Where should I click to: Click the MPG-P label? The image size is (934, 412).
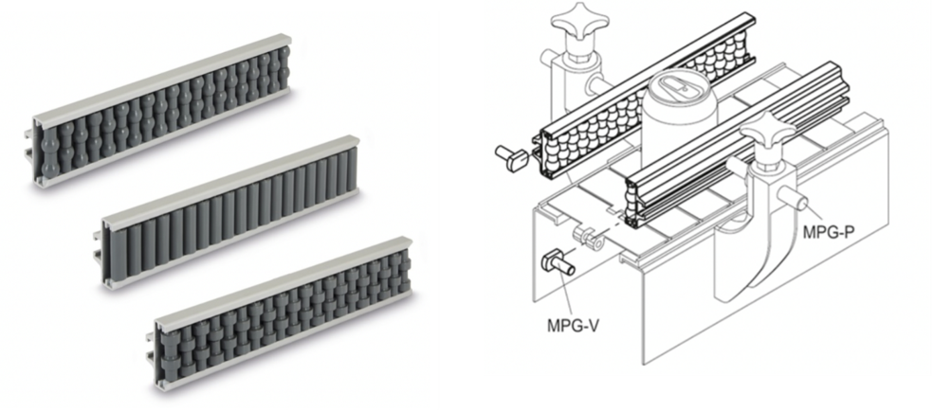829,232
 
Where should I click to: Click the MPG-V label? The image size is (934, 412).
573,326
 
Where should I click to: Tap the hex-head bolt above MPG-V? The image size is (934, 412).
558,262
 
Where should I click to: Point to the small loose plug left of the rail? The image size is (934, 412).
512,158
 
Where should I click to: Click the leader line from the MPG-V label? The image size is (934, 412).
563,295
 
